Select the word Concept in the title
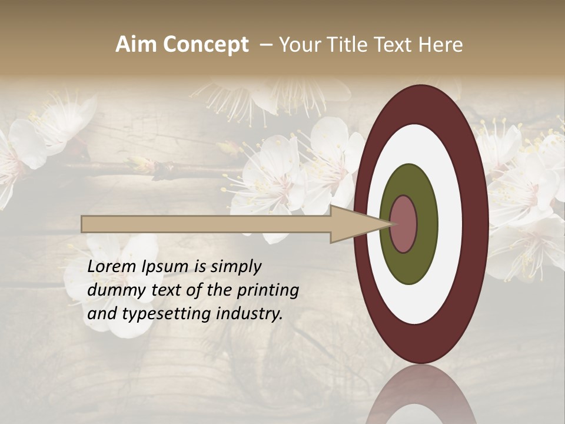click(206, 45)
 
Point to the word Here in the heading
click(440, 44)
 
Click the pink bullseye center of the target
click(404, 224)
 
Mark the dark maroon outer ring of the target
click(477, 224)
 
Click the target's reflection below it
click(421, 397)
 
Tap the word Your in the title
click(297, 44)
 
